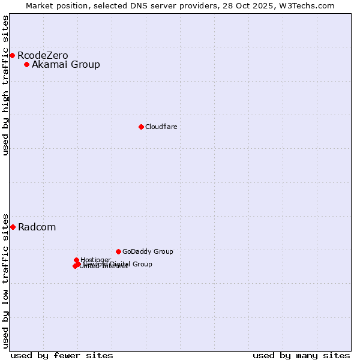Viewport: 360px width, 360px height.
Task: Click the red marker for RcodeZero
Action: pyautogui.click(x=12, y=55)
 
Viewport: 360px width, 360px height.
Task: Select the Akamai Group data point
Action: pyautogui.click(x=27, y=65)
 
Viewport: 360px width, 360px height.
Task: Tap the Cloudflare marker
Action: pyautogui.click(x=141, y=127)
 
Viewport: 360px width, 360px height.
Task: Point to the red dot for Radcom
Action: pyautogui.click(x=13, y=227)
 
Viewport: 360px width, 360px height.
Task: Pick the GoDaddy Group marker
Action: pyautogui.click(x=118, y=251)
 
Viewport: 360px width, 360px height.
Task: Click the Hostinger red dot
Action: pyautogui.click(x=77, y=260)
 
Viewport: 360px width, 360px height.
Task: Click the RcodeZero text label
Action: pyautogui.click(x=43, y=56)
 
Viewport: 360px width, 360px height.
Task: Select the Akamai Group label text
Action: pyautogui.click(x=66, y=65)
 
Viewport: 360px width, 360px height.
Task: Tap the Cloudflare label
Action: pyautogui.click(x=161, y=127)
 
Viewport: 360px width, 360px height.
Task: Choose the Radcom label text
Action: pyautogui.click(x=37, y=227)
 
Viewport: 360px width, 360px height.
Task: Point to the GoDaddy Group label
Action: pyautogui.click(x=148, y=251)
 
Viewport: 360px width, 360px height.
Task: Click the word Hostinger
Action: pyautogui.click(x=95, y=260)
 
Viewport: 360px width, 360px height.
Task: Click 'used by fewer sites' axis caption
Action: pyautogui.click(x=62, y=355)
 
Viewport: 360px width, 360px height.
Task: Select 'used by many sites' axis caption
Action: pyautogui.click(x=301, y=355)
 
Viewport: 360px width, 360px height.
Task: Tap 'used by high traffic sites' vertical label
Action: pyautogui.click(x=5, y=85)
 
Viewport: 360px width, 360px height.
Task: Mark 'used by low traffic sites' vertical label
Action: pyautogui.click(x=5, y=281)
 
